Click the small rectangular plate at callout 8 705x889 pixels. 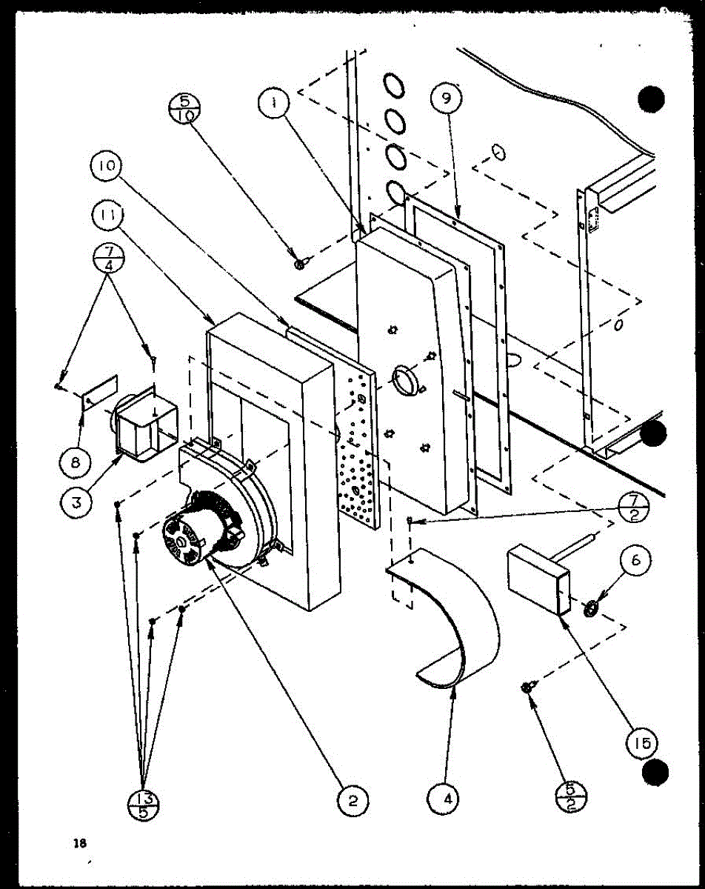[x=99, y=392]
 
